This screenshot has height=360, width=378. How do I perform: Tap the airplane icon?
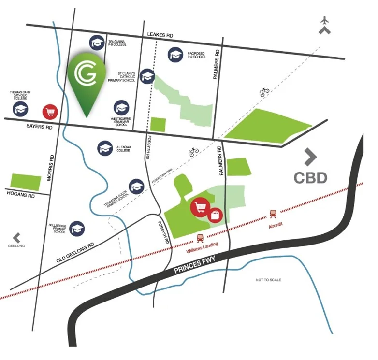(324, 21)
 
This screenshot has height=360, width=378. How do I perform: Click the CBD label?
(310, 177)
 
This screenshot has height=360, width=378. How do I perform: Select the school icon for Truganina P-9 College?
(97, 43)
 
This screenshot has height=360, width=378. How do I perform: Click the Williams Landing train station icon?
(199, 237)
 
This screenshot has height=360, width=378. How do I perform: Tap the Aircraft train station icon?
(273, 213)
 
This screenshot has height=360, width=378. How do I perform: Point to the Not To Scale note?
(269, 280)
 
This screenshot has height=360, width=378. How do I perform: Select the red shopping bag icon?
(215, 214)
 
